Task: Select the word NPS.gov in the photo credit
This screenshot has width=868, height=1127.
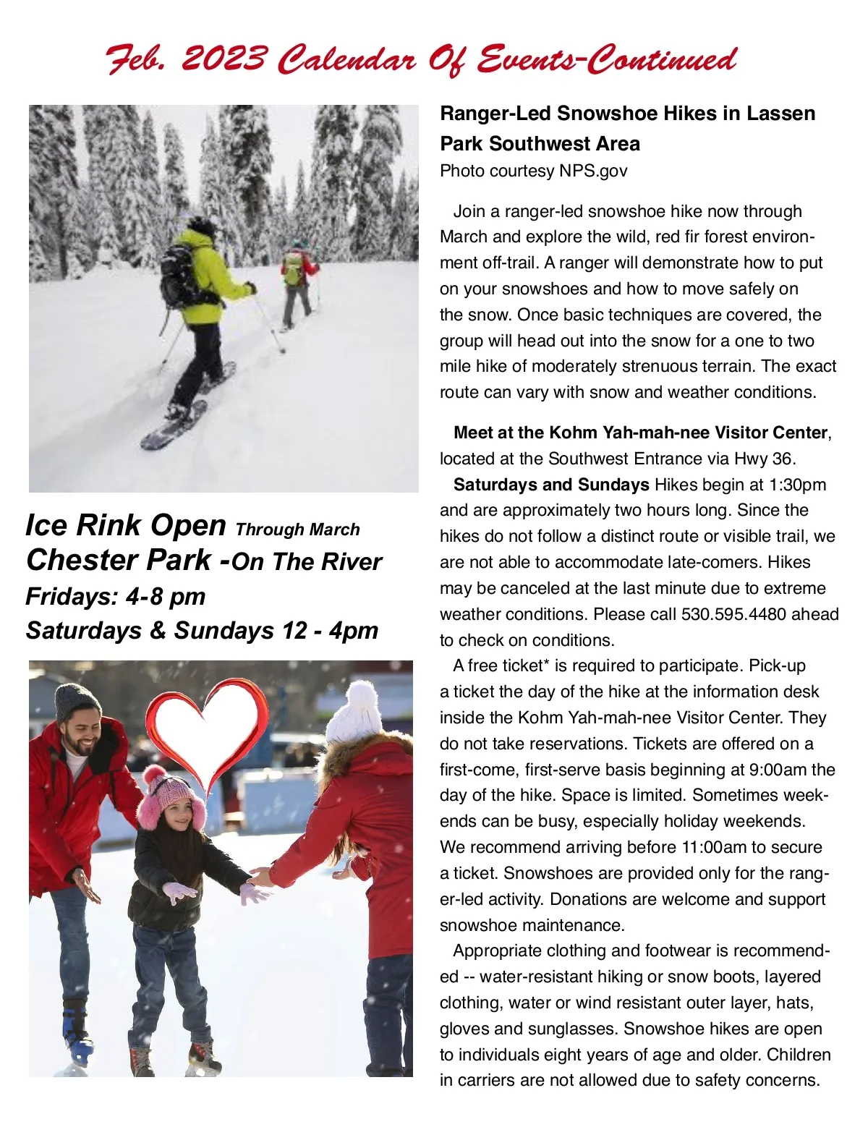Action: pyautogui.click(x=593, y=171)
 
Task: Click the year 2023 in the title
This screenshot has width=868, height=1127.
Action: pyautogui.click(x=224, y=58)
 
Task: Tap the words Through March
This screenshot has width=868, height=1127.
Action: pyautogui.click(x=297, y=530)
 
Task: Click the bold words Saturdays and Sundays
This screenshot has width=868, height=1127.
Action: pyautogui.click(x=551, y=485)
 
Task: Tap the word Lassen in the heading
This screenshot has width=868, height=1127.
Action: pyautogui.click(x=781, y=114)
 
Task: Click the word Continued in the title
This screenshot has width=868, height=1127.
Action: pyautogui.click(x=662, y=58)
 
